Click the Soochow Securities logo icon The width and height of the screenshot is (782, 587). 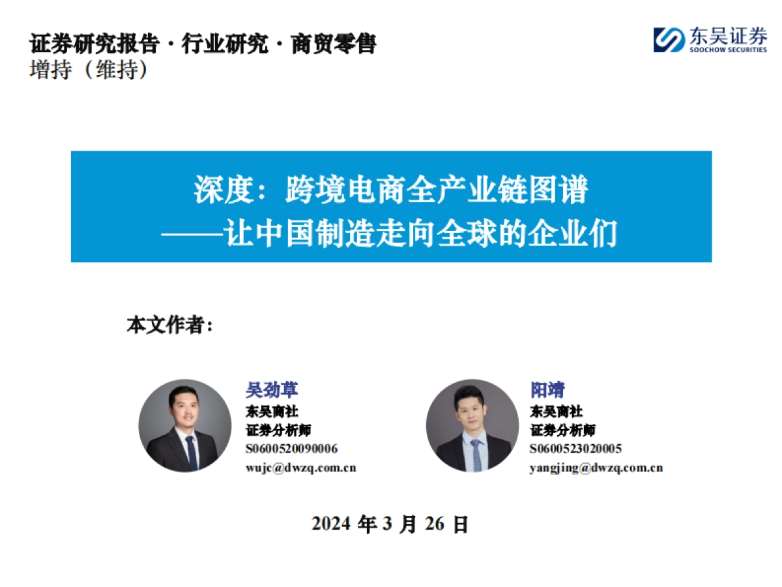(x=669, y=39)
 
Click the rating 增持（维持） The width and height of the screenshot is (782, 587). (x=89, y=70)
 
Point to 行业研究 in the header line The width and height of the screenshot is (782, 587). (x=225, y=44)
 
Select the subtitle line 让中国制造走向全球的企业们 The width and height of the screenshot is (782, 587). (x=420, y=233)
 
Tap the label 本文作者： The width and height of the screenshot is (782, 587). (x=170, y=325)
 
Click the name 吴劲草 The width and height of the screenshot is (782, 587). (x=272, y=390)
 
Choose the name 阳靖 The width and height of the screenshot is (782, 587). (x=547, y=390)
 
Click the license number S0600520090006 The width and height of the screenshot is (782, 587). (x=291, y=449)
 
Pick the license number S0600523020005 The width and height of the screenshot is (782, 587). (x=575, y=449)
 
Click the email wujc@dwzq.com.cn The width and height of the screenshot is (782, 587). (x=300, y=468)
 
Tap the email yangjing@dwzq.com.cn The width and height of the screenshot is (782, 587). (x=596, y=468)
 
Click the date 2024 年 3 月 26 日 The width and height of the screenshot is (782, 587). (x=390, y=524)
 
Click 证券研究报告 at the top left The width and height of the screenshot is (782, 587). (x=94, y=44)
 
